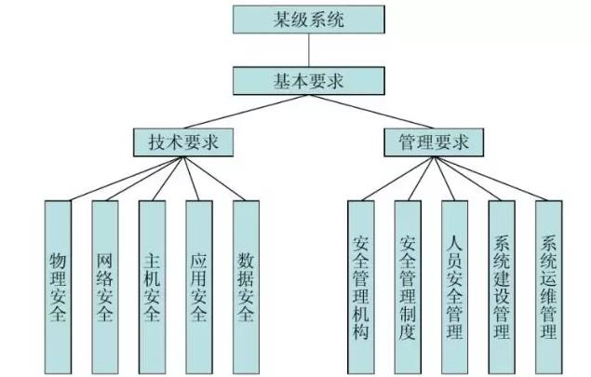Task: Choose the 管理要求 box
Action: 433,142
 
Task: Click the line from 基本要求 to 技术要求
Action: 240,112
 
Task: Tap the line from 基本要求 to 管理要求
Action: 365,112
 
